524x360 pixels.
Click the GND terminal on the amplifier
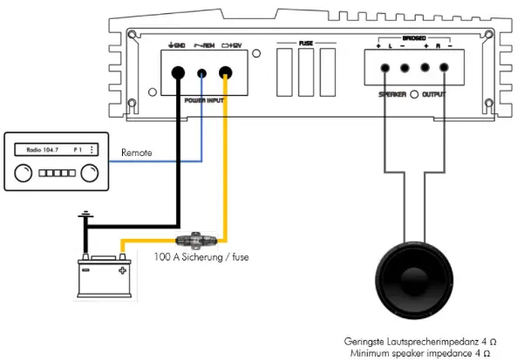[177, 74]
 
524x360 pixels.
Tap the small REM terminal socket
[202, 75]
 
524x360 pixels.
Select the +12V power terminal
[227, 74]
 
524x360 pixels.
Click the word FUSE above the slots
[307, 43]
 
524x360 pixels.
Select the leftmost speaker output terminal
[384, 69]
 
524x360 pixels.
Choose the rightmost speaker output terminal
[446, 69]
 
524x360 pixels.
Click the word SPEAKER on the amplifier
[392, 93]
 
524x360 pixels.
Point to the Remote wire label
[137, 153]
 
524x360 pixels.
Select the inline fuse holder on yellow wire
[191, 240]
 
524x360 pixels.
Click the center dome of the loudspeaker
[415, 289]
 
